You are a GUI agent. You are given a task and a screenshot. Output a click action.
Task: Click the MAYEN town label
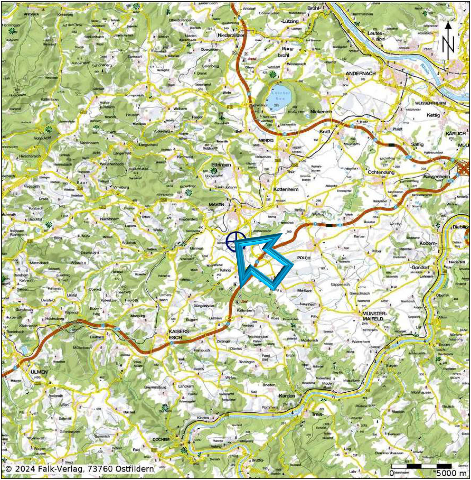coord(216,204)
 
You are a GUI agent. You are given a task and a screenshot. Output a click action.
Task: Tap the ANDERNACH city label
coord(361,74)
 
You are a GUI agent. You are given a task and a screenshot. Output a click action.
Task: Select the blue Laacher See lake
coord(278,97)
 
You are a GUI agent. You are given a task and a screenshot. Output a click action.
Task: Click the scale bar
coord(421,466)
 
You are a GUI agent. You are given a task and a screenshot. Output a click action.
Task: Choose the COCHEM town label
coord(161,440)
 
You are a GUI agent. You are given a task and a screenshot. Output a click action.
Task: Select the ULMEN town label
coord(39,372)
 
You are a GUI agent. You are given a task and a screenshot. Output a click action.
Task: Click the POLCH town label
coord(304,258)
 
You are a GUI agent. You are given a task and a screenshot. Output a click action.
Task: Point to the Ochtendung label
coord(381,172)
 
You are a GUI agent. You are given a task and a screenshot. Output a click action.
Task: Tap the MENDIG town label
coord(266,140)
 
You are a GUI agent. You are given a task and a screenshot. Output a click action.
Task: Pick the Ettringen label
coord(221,165)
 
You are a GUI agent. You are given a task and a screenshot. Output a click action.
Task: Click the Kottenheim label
coord(286,189)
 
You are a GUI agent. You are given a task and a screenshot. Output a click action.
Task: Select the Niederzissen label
coord(232,35)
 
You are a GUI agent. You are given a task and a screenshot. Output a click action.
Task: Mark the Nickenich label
coord(321,111)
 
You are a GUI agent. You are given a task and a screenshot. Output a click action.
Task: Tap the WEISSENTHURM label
coord(430,103)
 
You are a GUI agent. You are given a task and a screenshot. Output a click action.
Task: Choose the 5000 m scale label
coord(451,473)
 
